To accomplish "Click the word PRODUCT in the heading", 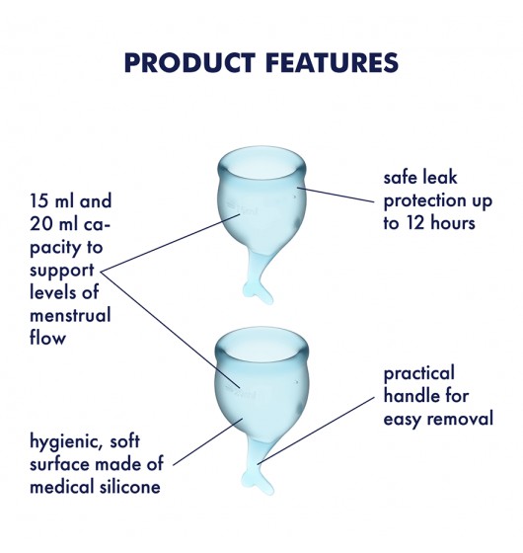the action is (x=189, y=63).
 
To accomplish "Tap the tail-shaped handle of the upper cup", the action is (x=259, y=276).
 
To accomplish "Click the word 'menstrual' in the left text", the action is (x=70, y=315).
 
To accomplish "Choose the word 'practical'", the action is (x=419, y=374).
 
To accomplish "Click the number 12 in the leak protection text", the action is (x=415, y=223).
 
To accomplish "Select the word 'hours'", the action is (x=453, y=222).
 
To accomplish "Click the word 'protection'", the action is (x=420, y=201).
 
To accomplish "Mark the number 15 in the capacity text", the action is (x=38, y=200).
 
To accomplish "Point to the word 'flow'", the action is (x=47, y=337).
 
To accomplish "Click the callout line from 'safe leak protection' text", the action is (x=336, y=196).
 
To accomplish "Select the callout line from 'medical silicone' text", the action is (x=208, y=441).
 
